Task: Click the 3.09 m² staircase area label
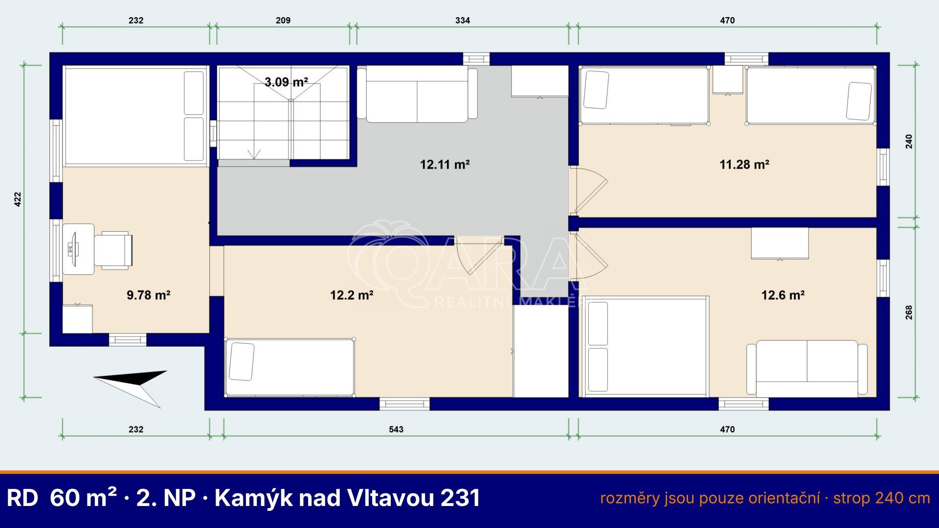click(286, 82)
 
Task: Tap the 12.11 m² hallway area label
click(445, 164)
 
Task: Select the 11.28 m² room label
click(744, 164)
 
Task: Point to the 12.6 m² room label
click(783, 295)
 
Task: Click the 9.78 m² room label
click(148, 295)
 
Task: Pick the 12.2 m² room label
click(352, 295)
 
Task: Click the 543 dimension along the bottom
click(396, 429)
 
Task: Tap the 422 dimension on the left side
click(18, 199)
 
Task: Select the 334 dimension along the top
click(462, 20)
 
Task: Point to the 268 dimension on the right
click(909, 312)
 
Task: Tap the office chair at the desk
click(113, 250)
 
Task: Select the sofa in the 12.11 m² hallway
click(417, 95)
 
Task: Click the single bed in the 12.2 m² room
click(290, 367)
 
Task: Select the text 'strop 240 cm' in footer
click(882, 498)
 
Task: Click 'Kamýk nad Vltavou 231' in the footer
click(347, 498)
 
